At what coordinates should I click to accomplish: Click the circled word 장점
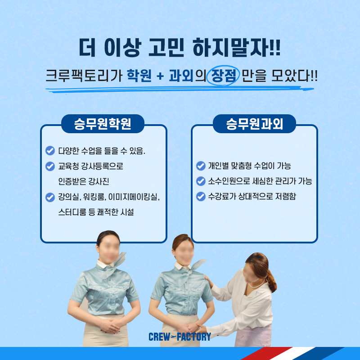click(x=224, y=76)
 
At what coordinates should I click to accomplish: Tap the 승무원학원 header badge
click(x=103, y=124)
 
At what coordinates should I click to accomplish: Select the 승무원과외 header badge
click(x=254, y=124)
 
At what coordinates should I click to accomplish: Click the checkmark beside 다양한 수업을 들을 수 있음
click(x=50, y=151)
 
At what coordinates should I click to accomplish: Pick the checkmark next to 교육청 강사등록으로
click(x=50, y=166)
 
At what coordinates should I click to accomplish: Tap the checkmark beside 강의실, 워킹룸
click(x=50, y=197)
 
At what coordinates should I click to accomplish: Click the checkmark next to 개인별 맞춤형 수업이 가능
click(x=201, y=166)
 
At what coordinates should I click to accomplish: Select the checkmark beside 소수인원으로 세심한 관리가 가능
click(x=201, y=181)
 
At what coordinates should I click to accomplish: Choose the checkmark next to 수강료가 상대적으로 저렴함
click(x=201, y=197)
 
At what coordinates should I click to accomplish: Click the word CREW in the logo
click(x=159, y=337)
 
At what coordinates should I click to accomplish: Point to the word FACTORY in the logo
click(x=194, y=337)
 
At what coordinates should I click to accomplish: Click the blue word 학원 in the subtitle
click(x=139, y=75)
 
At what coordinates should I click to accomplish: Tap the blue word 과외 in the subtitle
click(x=181, y=75)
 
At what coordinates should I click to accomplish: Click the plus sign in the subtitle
click(x=160, y=76)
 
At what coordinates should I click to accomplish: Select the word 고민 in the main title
click(x=166, y=48)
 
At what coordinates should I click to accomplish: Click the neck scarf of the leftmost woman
click(x=114, y=264)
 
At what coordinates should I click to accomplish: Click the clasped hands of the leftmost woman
click(x=111, y=325)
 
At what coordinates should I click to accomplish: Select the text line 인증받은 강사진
click(x=84, y=182)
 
